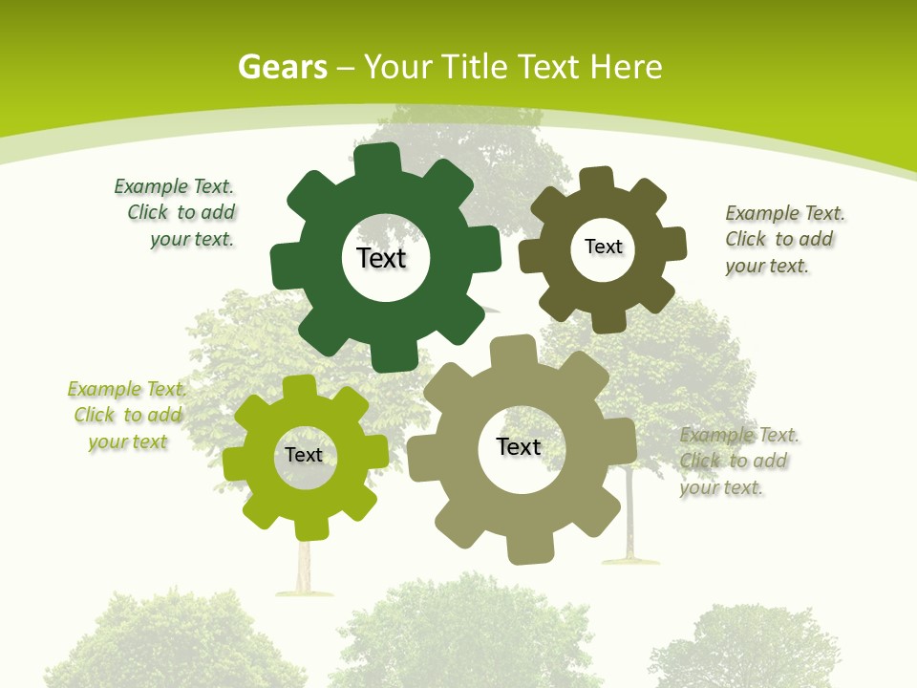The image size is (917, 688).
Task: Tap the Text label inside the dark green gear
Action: [381, 258]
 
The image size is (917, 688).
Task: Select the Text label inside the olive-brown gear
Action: [603, 247]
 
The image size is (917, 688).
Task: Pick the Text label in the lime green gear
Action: [304, 455]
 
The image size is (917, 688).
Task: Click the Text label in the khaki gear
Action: [519, 446]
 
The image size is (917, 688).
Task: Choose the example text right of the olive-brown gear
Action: [783, 239]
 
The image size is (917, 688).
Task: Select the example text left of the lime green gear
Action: [128, 415]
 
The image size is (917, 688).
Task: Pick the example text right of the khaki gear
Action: [737, 462]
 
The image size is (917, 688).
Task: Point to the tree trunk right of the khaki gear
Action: [629, 516]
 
